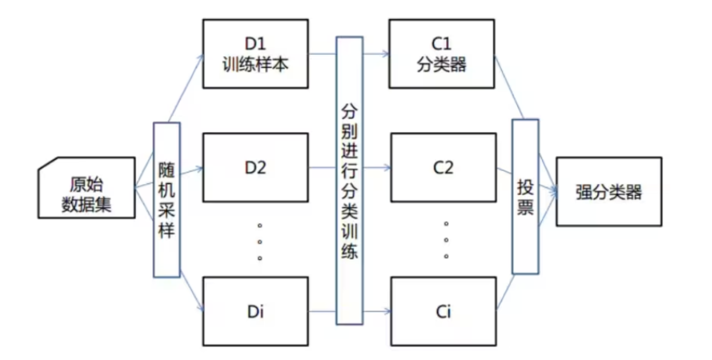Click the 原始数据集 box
86,188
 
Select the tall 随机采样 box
167,200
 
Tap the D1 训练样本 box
255,54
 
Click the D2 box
255,168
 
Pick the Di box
255,311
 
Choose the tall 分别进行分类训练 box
349,181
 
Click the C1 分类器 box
442,54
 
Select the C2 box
443,168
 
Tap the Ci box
443,311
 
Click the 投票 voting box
525,196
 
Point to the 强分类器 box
608,192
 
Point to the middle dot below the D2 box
260,242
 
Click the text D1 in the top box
255,44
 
